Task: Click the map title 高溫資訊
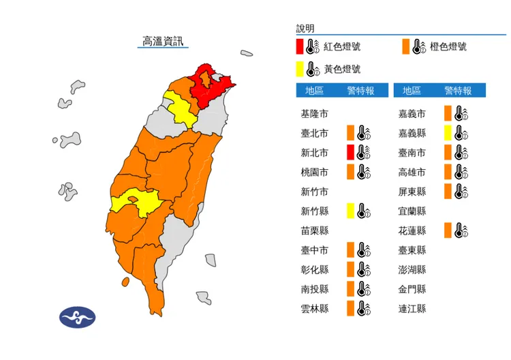[x=163, y=42]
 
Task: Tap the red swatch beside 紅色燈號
[x=299, y=47]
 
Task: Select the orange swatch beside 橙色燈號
[x=405, y=47]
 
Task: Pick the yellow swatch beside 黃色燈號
[x=299, y=69]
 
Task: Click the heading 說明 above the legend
[x=305, y=29]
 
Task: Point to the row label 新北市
[x=314, y=153]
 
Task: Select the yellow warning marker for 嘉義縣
[x=448, y=133]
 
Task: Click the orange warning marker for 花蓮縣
[x=448, y=230]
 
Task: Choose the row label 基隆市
[x=314, y=114]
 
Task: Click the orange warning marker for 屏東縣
[x=448, y=192]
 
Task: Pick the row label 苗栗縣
[x=314, y=231]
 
